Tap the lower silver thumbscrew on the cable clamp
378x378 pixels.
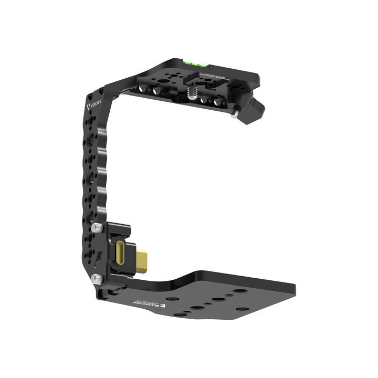97,279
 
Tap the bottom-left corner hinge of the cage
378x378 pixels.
102,291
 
